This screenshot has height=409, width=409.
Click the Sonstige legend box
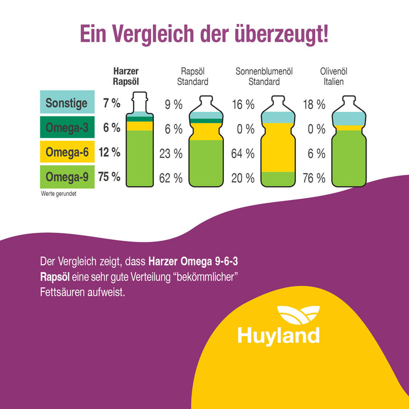66,103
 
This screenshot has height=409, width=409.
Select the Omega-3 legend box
66,128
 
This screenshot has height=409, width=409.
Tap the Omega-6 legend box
66,152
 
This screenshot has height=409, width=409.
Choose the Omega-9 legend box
66,177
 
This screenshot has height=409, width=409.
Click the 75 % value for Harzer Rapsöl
109,177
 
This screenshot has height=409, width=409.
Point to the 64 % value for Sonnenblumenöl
243,153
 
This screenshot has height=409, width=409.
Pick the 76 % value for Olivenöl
313,178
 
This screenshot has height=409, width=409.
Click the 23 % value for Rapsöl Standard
170,153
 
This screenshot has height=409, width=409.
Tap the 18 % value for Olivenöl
313,105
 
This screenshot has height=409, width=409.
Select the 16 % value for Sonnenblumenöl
243,105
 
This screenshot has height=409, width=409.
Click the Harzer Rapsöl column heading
126,76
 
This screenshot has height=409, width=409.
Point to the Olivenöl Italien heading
333,76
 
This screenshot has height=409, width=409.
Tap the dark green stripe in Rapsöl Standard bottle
206,121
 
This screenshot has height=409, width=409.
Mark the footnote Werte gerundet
58,194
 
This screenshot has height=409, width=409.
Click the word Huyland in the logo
278,335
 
